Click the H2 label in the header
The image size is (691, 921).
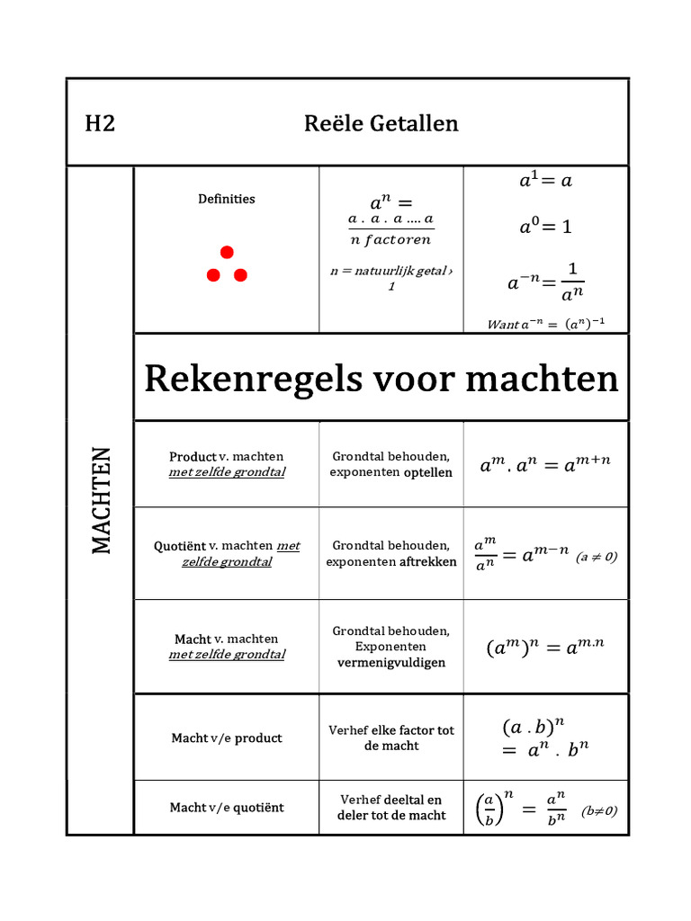[100, 123]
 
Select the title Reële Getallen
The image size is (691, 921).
[381, 123]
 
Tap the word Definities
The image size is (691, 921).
[226, 199]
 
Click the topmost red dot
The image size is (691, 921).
[227, 253]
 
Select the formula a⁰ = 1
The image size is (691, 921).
[545, 228]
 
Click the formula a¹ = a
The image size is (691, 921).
[545, 181]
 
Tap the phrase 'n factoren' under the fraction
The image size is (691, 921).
[390, 239]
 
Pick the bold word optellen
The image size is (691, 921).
[427, 472]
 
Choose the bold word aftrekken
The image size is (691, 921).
[427, 562]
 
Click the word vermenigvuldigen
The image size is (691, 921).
[390, 663]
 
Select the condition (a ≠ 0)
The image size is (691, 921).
[597, 558]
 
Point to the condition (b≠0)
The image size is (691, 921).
[599, 810]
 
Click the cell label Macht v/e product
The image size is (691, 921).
[226, 738]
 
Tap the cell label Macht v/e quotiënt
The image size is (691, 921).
[226, 808]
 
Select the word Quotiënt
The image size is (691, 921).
[179, 546]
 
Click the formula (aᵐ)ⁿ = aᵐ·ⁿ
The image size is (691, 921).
[545, 647]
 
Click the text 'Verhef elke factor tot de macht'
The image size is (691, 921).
[390, 738]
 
